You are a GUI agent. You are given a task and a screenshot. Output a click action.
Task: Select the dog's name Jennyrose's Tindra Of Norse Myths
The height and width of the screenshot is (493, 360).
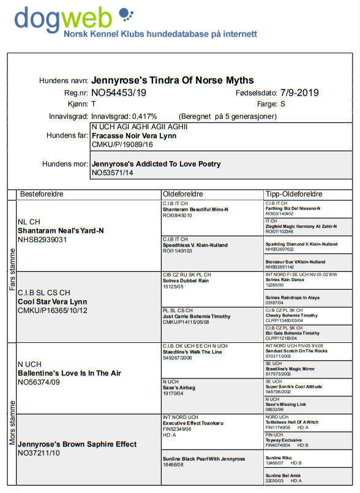tap(172, 80)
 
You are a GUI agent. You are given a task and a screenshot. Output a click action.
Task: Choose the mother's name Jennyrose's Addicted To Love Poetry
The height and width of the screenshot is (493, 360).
tap(156, 164)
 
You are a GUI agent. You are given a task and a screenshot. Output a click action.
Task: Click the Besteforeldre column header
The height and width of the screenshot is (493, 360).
tap(42, 194)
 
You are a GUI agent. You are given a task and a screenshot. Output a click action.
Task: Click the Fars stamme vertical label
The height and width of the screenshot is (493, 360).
tap(12, 269)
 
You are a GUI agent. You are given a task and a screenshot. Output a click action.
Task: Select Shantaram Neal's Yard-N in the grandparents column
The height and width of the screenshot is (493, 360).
tap(61, 230)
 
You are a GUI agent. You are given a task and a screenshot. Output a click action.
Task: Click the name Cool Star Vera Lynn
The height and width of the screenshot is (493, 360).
tap(53, 302)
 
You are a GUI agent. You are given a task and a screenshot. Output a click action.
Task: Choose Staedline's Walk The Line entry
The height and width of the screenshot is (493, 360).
tap(192, 352)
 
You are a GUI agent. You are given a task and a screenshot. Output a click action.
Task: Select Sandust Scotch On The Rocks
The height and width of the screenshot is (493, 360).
tap(297, 351)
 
